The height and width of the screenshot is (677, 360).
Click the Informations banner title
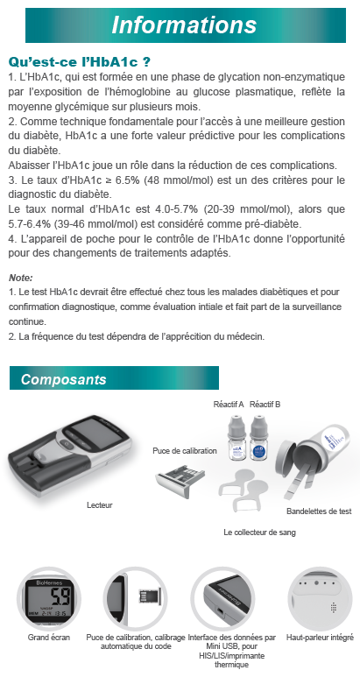[x=184, y=25]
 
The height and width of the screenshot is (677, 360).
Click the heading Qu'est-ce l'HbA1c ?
[x=80, y=62]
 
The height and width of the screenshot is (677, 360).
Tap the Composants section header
[x=63, y=379]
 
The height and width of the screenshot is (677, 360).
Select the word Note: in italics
[x=21, y=278]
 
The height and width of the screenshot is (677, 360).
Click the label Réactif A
[x=229, y=405]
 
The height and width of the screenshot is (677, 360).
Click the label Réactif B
[x=265, y=405]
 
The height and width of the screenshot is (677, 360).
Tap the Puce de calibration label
[x=185, y=451]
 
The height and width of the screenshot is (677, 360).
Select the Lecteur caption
[x=99, y=505]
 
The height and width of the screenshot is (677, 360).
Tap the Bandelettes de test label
[x=319, y=511]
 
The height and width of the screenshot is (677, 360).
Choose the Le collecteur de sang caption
[x=259, y=532]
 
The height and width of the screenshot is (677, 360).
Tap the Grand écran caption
[x=49, y=638]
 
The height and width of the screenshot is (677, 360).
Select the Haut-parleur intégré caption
[x=320, y=638]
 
